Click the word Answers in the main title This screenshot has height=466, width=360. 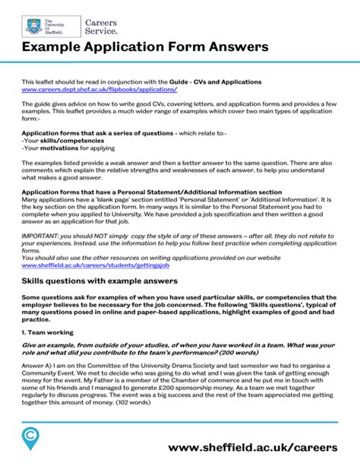tap(232, 48)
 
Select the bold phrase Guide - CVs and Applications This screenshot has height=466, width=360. tap(216, 81)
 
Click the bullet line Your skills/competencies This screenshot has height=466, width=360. tap(52, 141)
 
